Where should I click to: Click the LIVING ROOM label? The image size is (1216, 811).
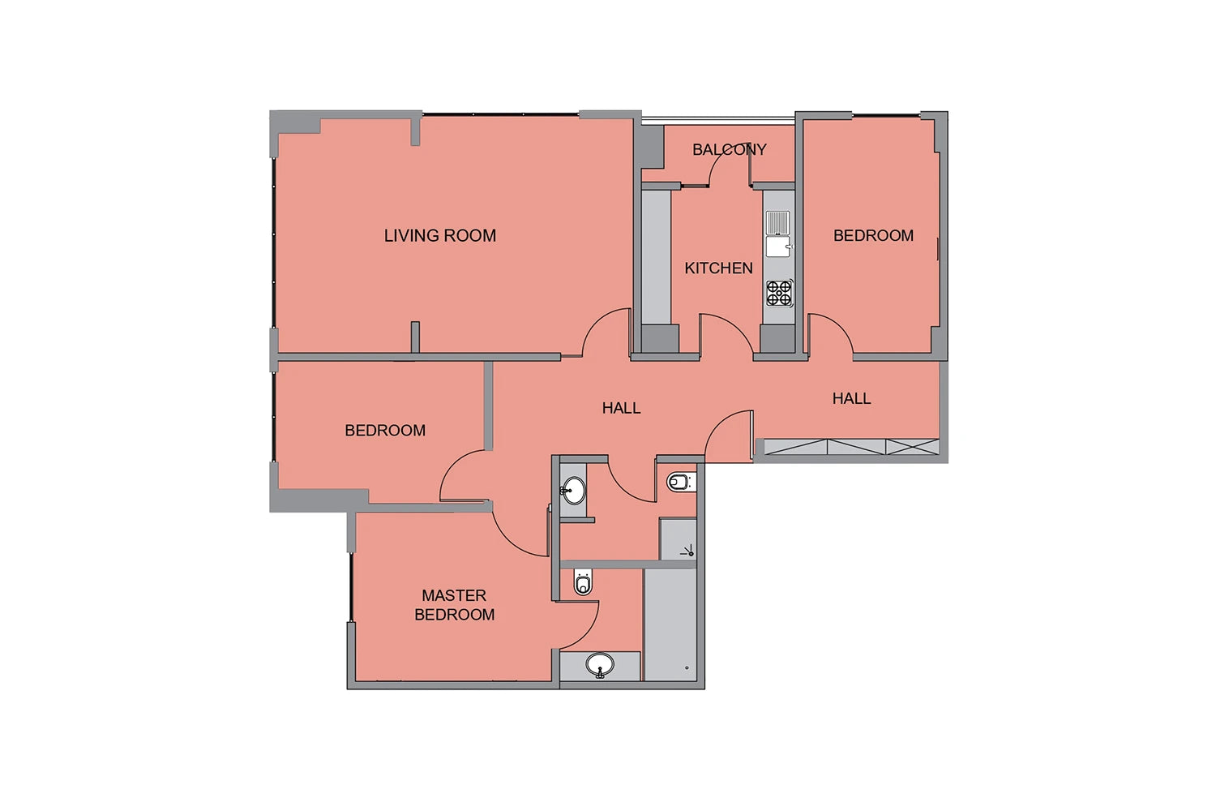tap(439, 236)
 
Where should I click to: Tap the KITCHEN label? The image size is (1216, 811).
tap(718, 268)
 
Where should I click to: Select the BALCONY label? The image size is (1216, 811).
tap(729, 149)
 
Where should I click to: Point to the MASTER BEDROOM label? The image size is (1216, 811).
tap(454, 604)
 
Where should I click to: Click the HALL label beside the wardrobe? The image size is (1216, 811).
tap(851, 399)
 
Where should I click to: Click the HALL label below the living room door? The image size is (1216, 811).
tap(621, 408)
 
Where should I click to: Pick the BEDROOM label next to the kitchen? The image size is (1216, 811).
tap(873, 236)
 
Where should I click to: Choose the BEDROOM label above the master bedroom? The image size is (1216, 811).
tap(385, 430)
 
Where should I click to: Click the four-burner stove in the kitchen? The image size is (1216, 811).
tap(779, 293)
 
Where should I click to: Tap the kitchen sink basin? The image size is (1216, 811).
tap(778, 247)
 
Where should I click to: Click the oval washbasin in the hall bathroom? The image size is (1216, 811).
tap(572, 491)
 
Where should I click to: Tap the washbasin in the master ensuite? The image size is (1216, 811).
tap(600, 665)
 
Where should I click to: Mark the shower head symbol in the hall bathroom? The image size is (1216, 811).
tap(687, 551)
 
